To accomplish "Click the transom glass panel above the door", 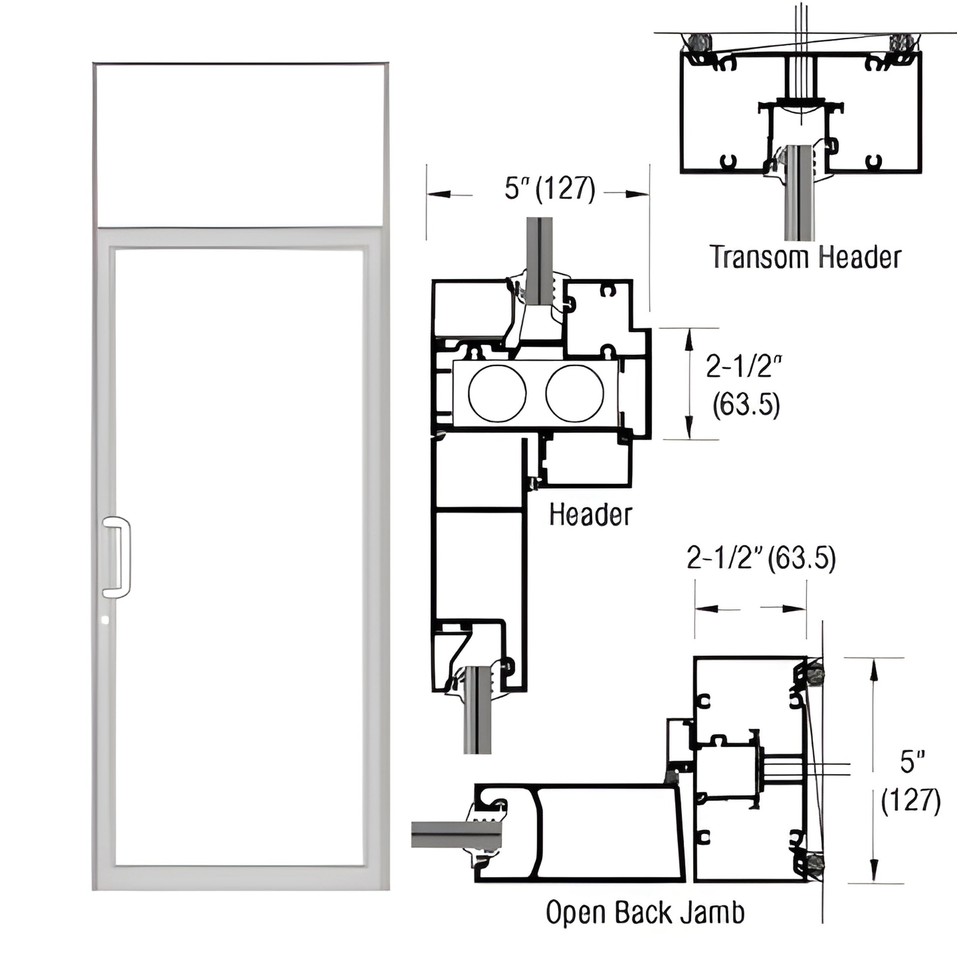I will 240,145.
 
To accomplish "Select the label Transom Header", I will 806,258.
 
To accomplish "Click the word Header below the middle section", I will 591,515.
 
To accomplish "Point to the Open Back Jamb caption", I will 645,912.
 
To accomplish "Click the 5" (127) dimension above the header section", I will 550,189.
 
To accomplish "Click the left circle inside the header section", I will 497,393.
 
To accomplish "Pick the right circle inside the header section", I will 574,393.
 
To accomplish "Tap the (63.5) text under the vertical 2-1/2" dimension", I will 746,405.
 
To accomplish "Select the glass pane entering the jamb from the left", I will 456,835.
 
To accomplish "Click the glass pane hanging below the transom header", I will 799,198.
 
